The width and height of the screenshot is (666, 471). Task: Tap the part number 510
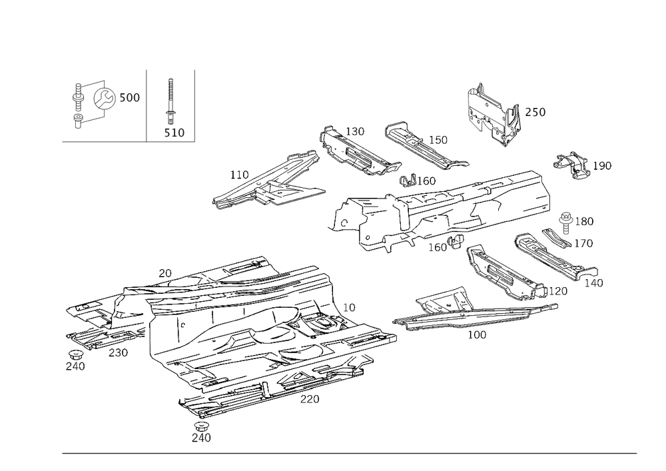coord(174,133)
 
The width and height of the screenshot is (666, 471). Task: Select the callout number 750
coord(535,113)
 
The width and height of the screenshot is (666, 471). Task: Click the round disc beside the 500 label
coord(104,99)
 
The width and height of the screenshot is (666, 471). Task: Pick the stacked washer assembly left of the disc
coord(77,103)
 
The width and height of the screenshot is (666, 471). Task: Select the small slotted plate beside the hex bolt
coord(551,234)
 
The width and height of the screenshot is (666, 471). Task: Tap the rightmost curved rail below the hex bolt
coord(556,263)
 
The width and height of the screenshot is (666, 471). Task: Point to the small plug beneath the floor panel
coord(200,427)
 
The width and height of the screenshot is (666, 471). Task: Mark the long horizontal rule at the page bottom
coord(350,454)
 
